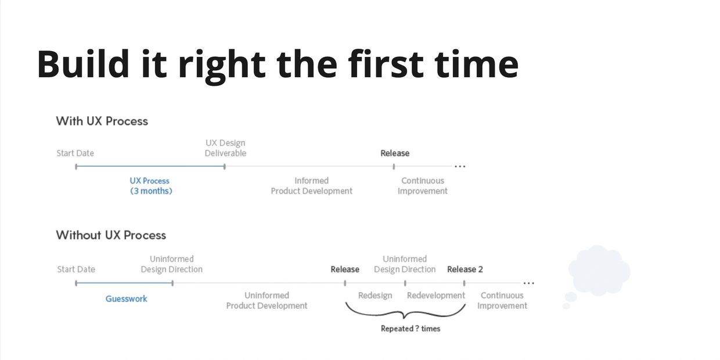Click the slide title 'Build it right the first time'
click(278, 64)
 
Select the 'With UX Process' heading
click(102, 121)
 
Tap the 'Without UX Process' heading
click(111, 235)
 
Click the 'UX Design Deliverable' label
click(225, 148)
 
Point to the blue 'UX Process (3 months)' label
click(150, 186)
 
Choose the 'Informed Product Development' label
click(311, 186)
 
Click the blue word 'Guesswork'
click(126, 299)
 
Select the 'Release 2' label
click(465, 269)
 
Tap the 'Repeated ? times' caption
click(410, 329)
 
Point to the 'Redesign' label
click(375, 296)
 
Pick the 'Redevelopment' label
click(435, 296)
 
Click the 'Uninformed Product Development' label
click(267, 301)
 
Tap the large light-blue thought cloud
click(599, 270)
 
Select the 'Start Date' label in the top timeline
click(75, 153)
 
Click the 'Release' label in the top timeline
click(395, 153)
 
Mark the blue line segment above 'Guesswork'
click(124, 283)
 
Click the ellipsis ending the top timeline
click(460, 167)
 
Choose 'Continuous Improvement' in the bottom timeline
click(502, 301)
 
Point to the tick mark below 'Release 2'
click(464, 283)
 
